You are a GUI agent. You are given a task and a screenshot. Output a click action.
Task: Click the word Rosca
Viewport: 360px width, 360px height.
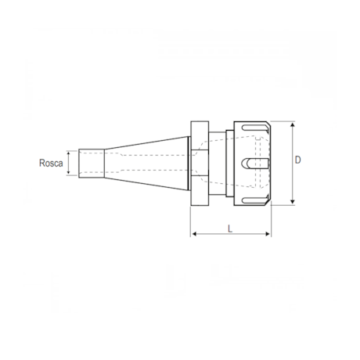[x=51, y=163]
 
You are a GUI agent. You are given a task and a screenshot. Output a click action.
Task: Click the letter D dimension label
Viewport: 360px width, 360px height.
[x=297, y=160]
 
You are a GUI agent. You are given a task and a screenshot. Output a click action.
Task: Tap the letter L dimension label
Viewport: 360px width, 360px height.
[x=230, y=229]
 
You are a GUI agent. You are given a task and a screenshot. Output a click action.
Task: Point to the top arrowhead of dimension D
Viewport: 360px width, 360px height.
[x=293, y=124]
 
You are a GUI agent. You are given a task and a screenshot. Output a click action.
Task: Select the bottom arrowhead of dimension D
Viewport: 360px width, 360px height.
[x=293, y=202]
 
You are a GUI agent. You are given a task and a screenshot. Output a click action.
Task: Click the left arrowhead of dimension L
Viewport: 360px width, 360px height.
[x=194, y=234]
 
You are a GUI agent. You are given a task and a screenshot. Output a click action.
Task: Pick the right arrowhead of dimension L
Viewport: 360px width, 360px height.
[x=268, y=234]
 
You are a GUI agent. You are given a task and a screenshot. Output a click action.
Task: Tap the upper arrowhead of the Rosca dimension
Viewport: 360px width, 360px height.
[x=69, y=153]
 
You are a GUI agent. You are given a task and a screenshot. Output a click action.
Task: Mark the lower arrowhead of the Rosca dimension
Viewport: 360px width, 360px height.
[x=69, y=172]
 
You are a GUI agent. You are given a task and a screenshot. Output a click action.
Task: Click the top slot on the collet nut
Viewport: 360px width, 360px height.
[x=254, y=128]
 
